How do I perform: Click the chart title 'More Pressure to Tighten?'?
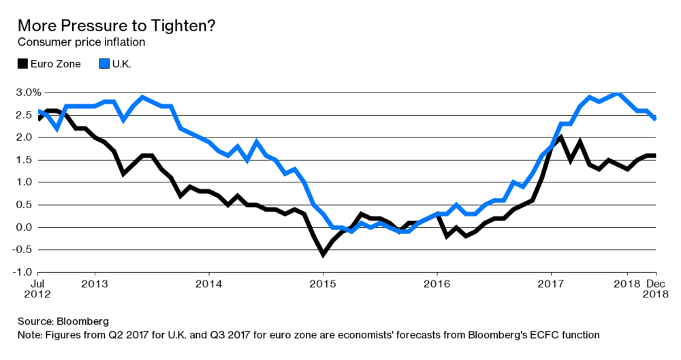pyautogui.click(x=116, y=26)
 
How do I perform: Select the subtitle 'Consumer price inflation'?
pyautogui.click(x=81, y=42)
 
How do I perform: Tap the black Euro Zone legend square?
pyautogui.click(x=22, y=64)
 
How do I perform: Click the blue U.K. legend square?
pyautogui.click(x=104, y=64)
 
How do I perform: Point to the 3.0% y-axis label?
pyautogui.click(x=29, y=93)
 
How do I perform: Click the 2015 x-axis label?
pyautogui.click(x=323, y=284)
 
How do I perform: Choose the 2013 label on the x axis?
pyautogui.click(x=95, y=284)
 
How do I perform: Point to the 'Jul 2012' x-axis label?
pyautogui.click(x=37, y=289)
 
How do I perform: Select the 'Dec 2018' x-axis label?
pyautogui.click(x=655, y=289)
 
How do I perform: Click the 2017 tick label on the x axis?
pyautogui.click(x=551, y=284)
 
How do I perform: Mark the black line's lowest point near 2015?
pyautogui.click(x=323, y=254)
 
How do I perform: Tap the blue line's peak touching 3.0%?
pyautogui.click(x=618, y=93)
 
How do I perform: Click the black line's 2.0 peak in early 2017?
pyautogui.click(x=560, y=137)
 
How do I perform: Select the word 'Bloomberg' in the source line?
pyautogui.click(x=82, y=321)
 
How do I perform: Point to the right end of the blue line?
pyautogui.click(x=655, y=118)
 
